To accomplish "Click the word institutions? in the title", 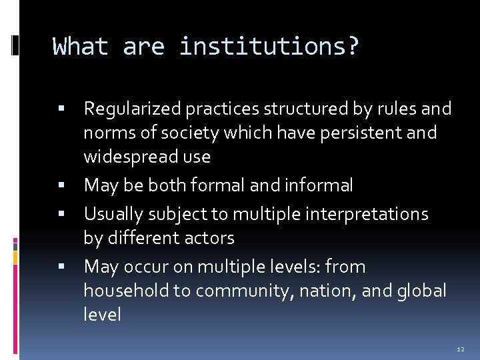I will [269, 47].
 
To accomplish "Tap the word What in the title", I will [80, 47].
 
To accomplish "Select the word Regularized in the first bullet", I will [133, 109].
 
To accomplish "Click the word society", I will [190, 133].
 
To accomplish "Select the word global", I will [422, 291].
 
